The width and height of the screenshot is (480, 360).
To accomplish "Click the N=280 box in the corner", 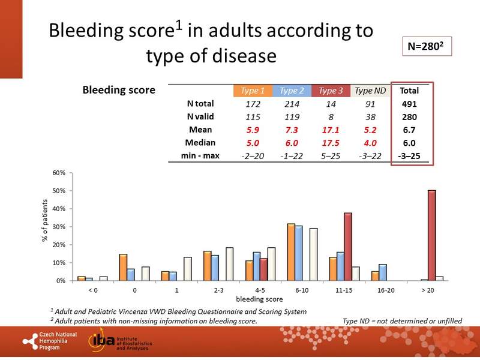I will tap(425, 46).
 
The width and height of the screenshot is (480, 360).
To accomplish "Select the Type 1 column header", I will tap(253, 91).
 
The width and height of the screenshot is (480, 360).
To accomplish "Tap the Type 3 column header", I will tap(331, 91).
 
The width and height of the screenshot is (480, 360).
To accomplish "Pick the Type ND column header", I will tap(370, 91).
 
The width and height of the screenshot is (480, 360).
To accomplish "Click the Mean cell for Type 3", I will tap(331, 129).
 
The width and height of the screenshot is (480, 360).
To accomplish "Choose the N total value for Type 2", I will tap(292, 104).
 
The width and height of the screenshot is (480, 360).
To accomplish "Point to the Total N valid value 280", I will tap(410, 116).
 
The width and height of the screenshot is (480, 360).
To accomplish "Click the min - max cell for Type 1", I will tap(253, 155).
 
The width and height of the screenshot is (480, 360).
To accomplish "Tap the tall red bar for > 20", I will tap(432, 235).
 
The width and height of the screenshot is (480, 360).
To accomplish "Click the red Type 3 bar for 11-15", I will tap(347, 247).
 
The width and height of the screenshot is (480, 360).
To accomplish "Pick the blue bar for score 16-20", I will tap(382, 272).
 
